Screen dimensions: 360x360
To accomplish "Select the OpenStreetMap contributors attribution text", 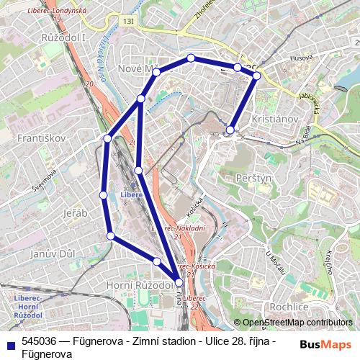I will (297, 323).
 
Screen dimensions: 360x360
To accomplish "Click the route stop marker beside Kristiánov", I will (230, 130).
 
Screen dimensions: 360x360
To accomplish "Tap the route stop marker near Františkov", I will (107, 138).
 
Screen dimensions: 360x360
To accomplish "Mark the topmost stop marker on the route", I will (191, 58).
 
